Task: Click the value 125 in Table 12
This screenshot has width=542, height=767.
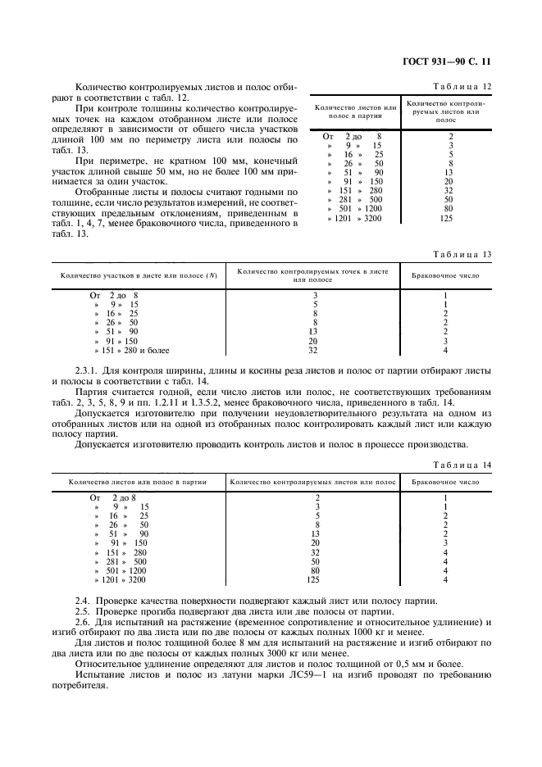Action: pos(448,218)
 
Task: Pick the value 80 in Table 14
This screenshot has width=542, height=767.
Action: pos(317,570)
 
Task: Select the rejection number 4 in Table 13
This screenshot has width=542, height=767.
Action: pos(445,350)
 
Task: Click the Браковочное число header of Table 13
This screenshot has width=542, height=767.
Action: pos(445,275)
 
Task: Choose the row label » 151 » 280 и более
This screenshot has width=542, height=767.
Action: pos(131,350)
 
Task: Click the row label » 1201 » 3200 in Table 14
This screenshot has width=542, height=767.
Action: pos(120,580)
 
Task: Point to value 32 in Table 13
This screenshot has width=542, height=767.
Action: pos(312,350)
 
